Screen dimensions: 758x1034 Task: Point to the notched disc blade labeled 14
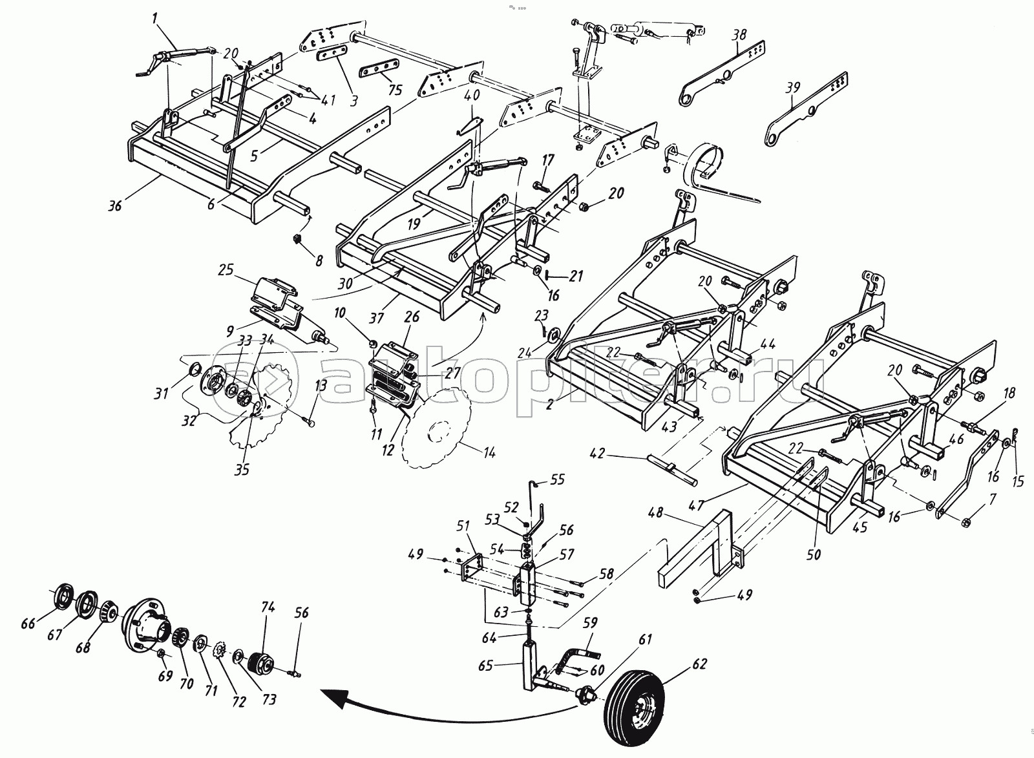(x=434, y=426)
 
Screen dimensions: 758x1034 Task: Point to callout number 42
(x=598, y=454)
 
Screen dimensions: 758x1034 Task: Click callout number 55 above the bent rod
(x=556, y=479)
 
